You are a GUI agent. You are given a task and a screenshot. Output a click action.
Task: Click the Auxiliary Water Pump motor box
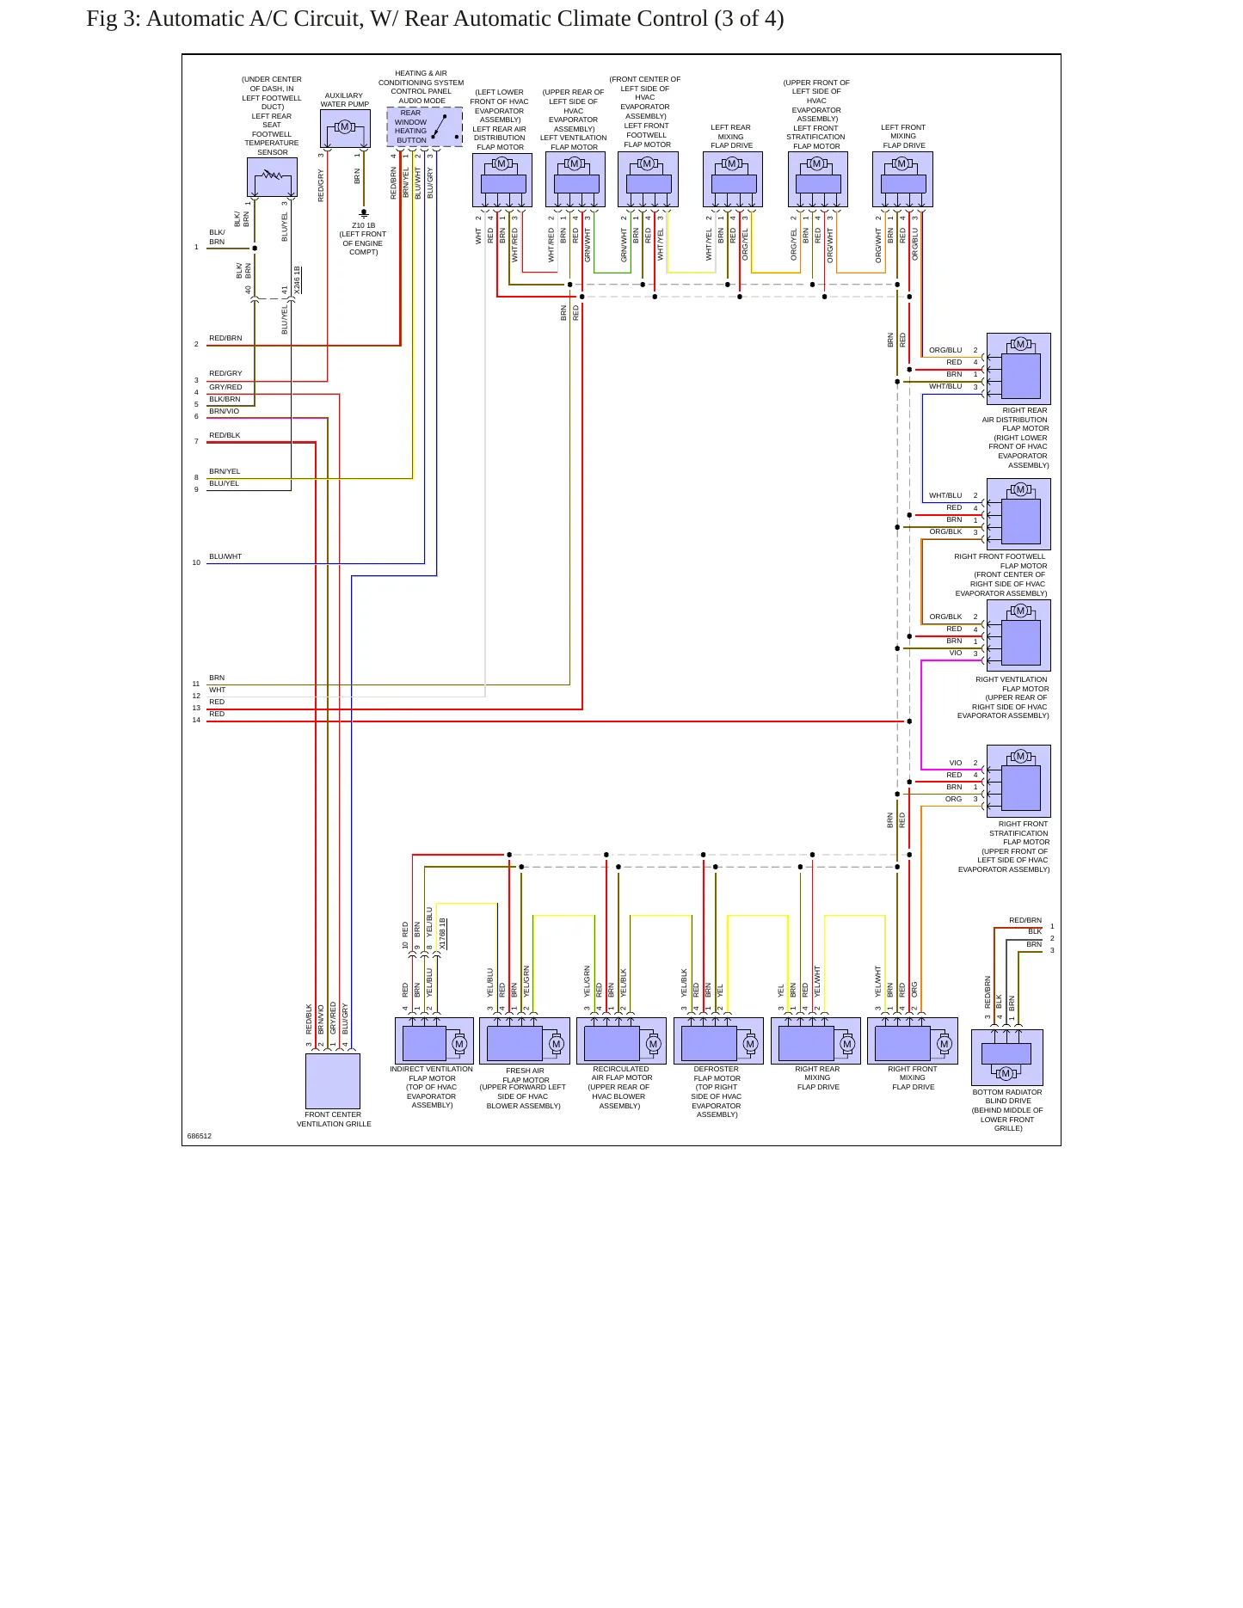(345, 128)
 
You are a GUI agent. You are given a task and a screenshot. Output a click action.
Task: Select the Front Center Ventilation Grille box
(333, 1081)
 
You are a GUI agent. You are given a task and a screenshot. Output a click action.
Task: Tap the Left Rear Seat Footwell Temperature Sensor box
(272, 177)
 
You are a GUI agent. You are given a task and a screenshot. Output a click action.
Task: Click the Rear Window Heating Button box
(425, 126)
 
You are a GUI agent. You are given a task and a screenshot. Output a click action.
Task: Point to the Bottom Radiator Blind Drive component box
(1007, 1057)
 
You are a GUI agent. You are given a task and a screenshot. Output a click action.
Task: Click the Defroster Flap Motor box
(718, 1041)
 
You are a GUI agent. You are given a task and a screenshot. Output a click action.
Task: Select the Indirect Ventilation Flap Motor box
(434, 1041)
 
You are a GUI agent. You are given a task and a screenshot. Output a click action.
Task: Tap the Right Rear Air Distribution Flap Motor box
(1018, 369)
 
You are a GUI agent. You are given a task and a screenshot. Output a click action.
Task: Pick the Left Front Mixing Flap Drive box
(902, 180)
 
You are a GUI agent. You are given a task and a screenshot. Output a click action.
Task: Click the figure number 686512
(200, 1136)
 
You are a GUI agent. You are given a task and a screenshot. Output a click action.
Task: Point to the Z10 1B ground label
(363, 225)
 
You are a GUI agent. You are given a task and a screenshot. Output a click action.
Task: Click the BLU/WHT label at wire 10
(225, 556)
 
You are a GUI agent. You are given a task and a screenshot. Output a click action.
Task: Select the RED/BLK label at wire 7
(225, 435)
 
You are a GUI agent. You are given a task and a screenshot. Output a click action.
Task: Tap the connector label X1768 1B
(443, 934)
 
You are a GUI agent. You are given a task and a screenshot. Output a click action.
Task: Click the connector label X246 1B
(297, 280)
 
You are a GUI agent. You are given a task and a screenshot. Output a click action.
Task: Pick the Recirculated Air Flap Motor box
(621, 1041)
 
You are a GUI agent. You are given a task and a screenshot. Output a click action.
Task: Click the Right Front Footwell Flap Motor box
(1018, 514)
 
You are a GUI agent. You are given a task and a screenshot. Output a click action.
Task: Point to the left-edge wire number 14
(196, 720)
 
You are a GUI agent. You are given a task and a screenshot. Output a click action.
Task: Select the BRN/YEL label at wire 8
(225, 471)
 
